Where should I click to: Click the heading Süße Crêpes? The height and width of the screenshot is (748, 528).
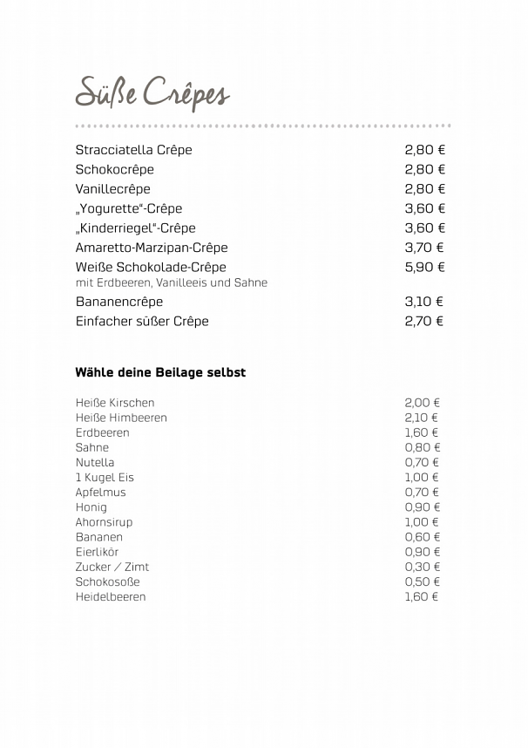click(x=152, y=93)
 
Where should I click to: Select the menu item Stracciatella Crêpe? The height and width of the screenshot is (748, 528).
click(x=133, y=150)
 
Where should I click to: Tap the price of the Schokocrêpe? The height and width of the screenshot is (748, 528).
click(x=424, y=169)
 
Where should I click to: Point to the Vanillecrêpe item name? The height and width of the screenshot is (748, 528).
click(x=112, y=189)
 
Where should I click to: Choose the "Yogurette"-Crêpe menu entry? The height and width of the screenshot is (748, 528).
click(x=128, y=208)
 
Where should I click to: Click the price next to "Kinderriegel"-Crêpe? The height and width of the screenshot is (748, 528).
click(x=424, y=228)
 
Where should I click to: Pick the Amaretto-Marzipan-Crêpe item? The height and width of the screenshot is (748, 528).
click(x=151, y=248)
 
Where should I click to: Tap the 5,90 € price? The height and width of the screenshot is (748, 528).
click(x=424, y=268)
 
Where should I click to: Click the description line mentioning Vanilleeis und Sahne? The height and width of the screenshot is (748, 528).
click(x=171, y=283)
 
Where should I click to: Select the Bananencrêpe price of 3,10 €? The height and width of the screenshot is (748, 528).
click(x=423, y=302)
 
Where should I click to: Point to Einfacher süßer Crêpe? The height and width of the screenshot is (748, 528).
click(x=142, y=321)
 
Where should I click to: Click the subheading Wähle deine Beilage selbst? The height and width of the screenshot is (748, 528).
click(x=160, y=372)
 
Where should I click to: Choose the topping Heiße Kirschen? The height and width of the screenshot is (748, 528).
click(x=114, y=403)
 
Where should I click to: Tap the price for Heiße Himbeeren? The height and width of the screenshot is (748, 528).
click(x=422, y=418)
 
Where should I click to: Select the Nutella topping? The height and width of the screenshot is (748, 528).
click(x=94, y=462)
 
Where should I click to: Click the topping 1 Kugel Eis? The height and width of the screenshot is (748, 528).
click(x=105, y=478)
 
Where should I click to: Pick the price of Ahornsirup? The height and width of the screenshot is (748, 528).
click(x=422, y=522)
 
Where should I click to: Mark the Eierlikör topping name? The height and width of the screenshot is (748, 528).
click(x=97, y=552)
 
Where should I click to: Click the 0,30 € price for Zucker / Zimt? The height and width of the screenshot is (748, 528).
click(x=422, y=567)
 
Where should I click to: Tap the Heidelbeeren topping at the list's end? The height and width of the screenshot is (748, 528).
click(x=111, y=597)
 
